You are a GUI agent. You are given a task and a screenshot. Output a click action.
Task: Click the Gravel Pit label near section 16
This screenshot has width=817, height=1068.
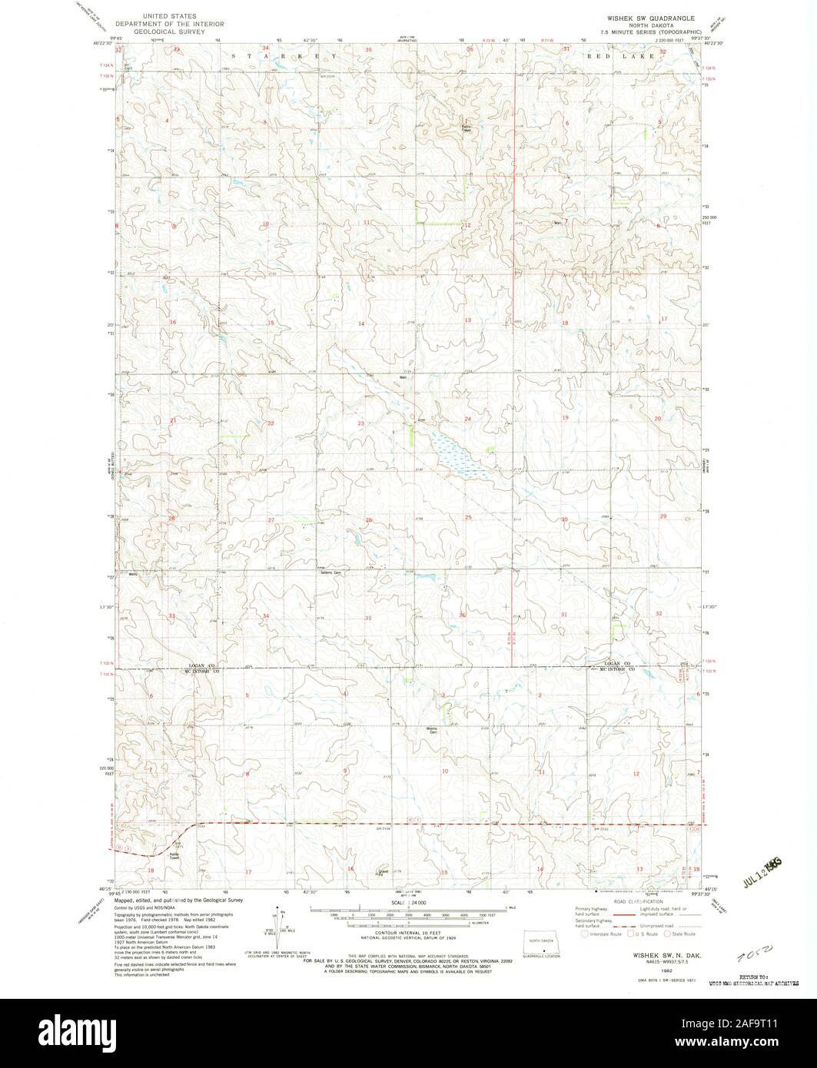click(x=382, y=872)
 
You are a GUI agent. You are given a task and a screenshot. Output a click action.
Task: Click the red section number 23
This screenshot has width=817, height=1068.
click(x=360, y=423)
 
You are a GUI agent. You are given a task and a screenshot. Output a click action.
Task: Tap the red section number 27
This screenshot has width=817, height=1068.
click(x=271, y=521)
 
